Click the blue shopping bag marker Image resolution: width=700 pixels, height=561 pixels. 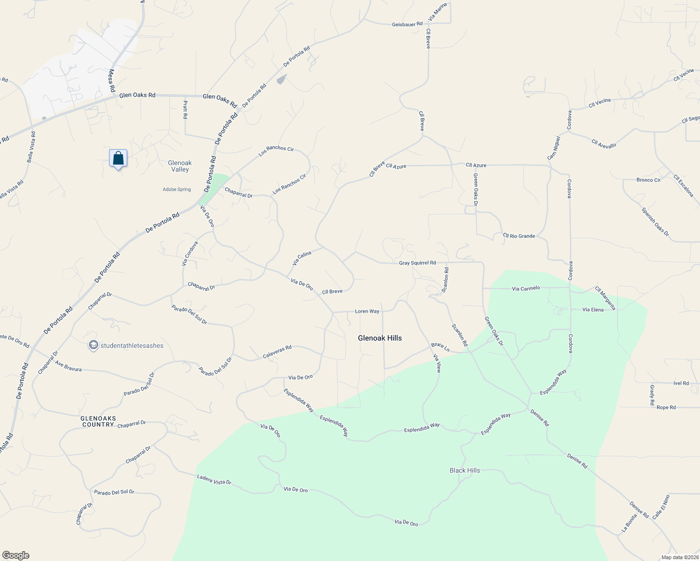click(x=118, y=158)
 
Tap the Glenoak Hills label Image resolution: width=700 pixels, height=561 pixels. click(x=379, y=338)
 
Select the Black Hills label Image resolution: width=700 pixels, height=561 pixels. click(x=465, y=470)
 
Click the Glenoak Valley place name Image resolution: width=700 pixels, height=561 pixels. click(x=180, y=166)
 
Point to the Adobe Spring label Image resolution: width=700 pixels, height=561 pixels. click(x=177, y=189)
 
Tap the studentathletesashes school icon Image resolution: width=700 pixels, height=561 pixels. click(x=93, y=345)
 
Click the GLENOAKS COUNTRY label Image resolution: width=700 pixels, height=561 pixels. click(x=98, y=421)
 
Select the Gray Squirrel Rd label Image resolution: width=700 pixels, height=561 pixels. click(x=417, y=263)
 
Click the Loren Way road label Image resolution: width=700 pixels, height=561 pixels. click(x=367, y=311)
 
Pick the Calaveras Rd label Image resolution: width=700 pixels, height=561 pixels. click(x=277, y=352)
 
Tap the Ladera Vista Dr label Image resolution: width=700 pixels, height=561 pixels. click(x=214, y=479)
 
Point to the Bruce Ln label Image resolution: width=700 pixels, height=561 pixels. click(x=440, y=347)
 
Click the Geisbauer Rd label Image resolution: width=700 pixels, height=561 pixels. click(x=407, y=24)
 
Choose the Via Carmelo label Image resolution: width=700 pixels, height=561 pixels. click(x=525, y=288)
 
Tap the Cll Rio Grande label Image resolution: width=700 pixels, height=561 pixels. click(x=518, y=236)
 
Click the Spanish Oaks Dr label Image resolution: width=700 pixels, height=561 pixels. click(x=655, y=222)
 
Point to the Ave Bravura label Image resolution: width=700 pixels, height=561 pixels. click(x=68, y=366)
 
